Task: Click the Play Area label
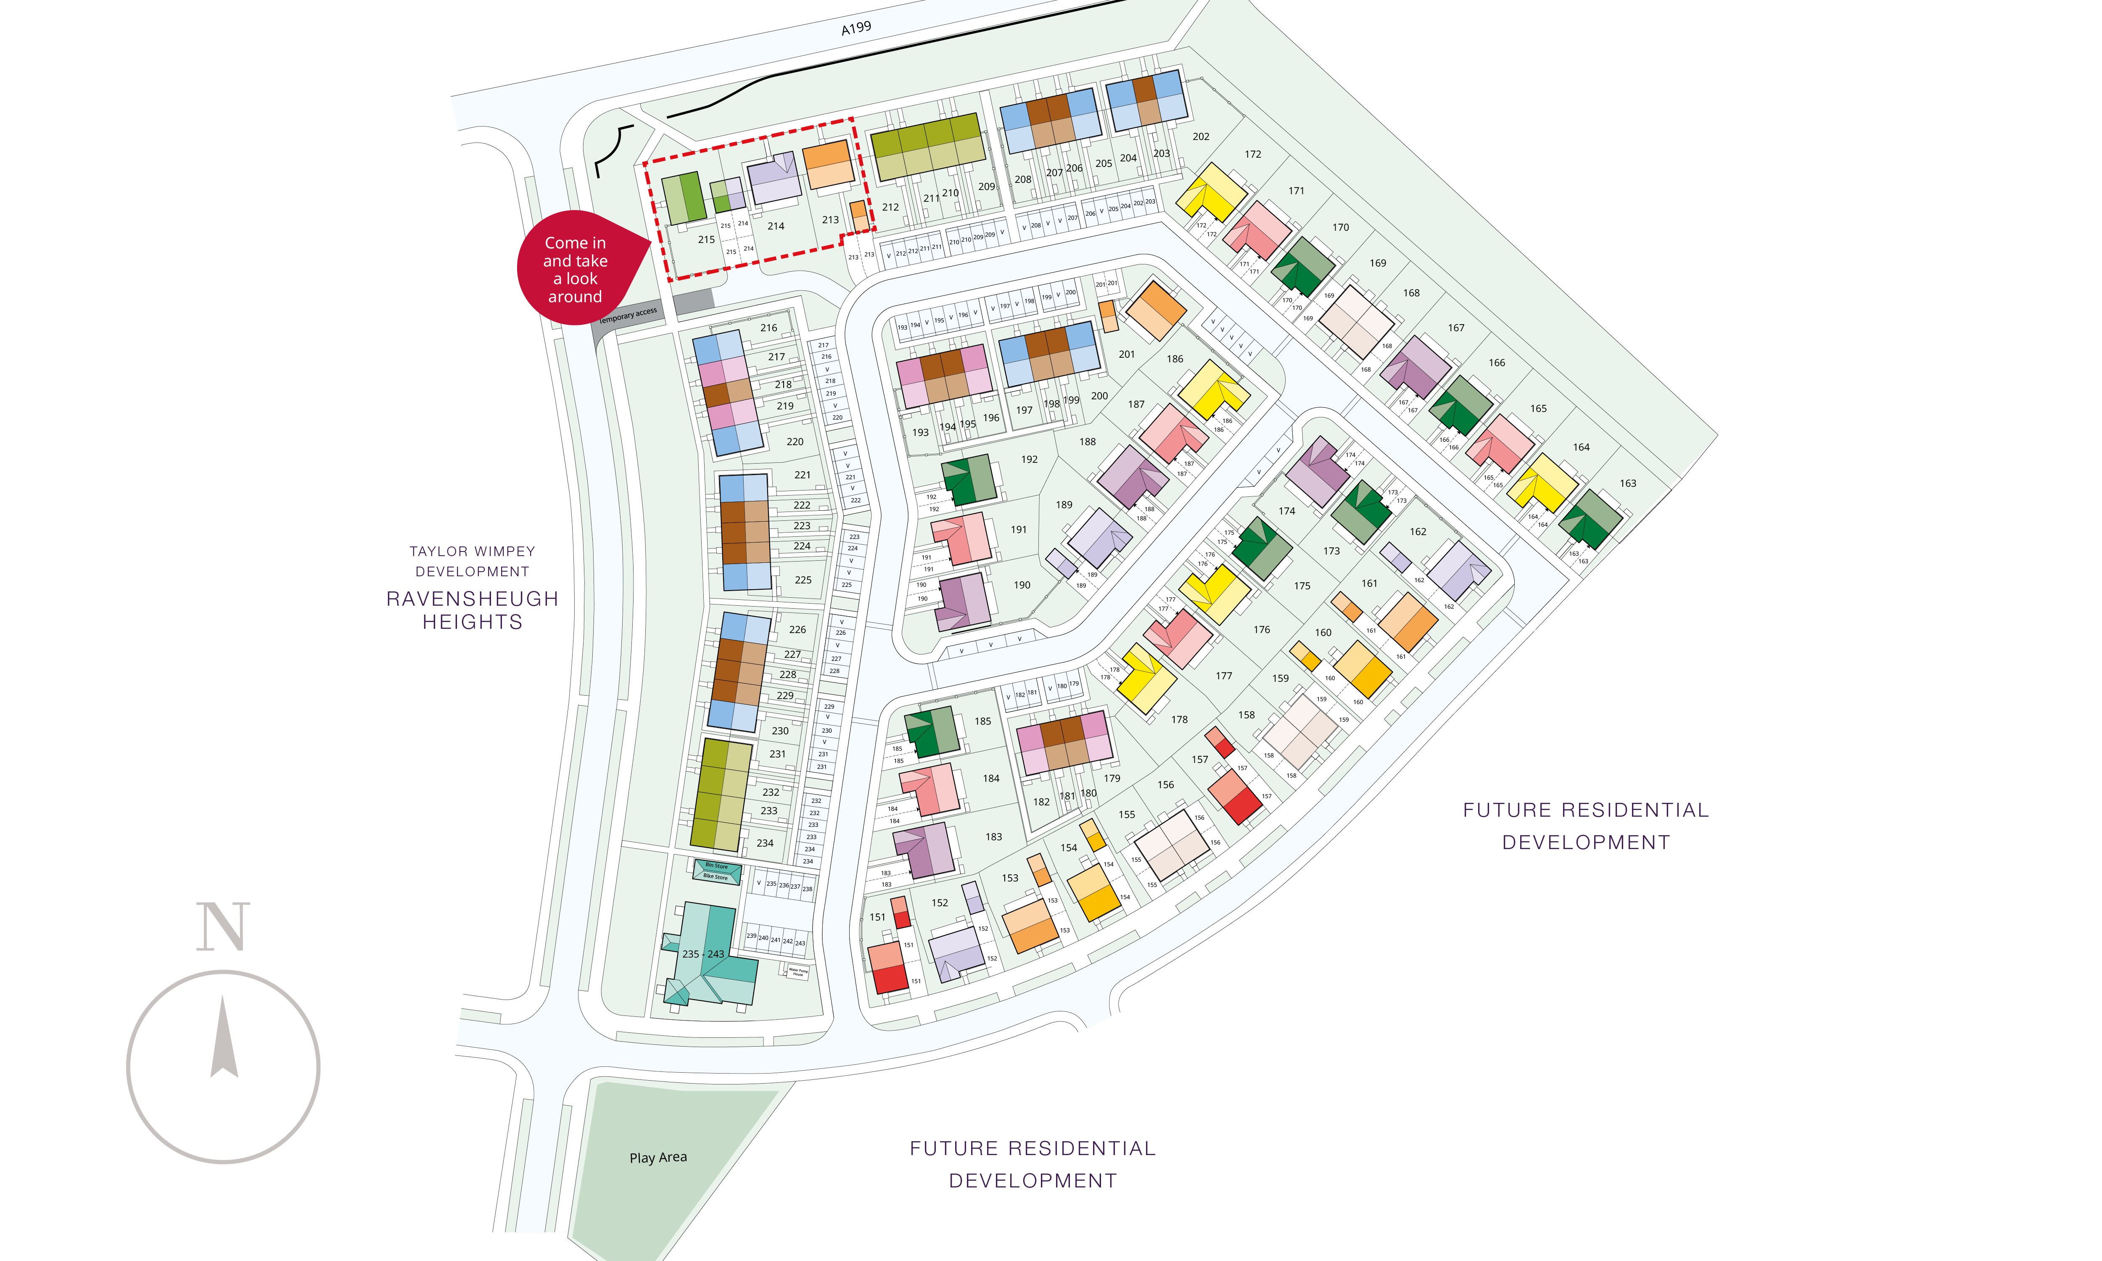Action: (x=658, y=1157)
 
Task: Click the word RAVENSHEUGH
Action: (x=473, y=599)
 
